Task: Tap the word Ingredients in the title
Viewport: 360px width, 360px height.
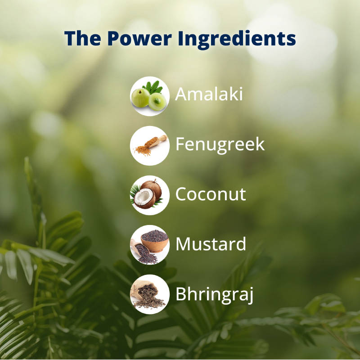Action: pyautogui.click(x=237, y=39)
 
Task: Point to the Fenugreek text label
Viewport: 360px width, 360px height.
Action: pyautogui.click(x=220, y=145)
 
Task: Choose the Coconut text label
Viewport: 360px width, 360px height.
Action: pyautogui.click(x=211, y=194)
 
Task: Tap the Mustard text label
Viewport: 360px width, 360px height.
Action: pyautogui.click(x=211, y=244)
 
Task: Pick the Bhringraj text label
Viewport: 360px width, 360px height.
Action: pyautogui.click(x=215, y=294)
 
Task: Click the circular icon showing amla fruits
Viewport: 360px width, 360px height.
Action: pyautogui.click(x=150, y=96)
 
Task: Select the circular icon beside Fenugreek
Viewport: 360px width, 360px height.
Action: pyautogui.click(x=150, y=145)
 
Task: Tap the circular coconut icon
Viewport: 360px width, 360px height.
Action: pyautogui.click(x=150, y=195)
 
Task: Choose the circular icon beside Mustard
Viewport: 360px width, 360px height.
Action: pyautogui.click(x=150, y=244)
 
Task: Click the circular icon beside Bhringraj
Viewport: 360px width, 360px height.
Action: pyautogui.click(x=150, y=294)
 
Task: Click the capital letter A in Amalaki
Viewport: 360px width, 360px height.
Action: pyautogui.click(x=181, y=94)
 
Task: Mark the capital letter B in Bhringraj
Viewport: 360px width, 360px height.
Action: pyautogui.click(x=181, y=294)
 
